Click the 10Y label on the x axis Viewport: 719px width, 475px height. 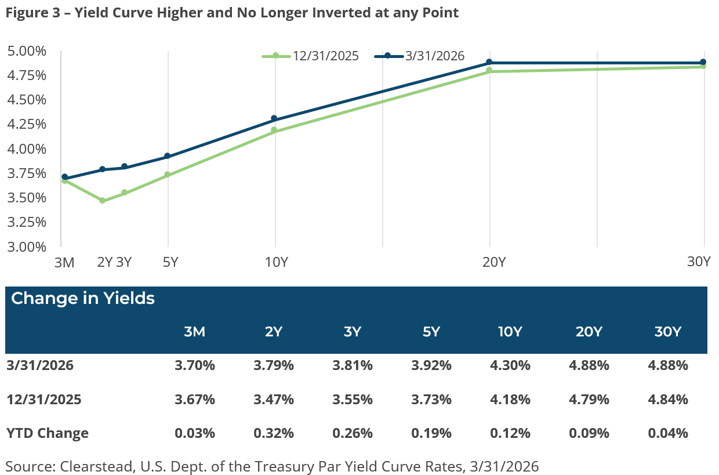276,262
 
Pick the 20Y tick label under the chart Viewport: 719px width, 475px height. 493,262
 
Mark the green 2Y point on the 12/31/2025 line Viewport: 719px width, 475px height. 103,201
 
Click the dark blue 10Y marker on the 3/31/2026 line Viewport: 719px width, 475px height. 274,118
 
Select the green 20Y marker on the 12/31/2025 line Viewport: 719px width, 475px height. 489,70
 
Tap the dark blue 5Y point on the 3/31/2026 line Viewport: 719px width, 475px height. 168,156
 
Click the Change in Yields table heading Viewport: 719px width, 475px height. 83,299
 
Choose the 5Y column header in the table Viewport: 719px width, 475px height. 431,332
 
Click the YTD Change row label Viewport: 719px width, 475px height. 48,433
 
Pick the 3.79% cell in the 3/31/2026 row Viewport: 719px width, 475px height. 274,366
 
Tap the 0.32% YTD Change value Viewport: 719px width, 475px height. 274,433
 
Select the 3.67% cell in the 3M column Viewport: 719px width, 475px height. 195,400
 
